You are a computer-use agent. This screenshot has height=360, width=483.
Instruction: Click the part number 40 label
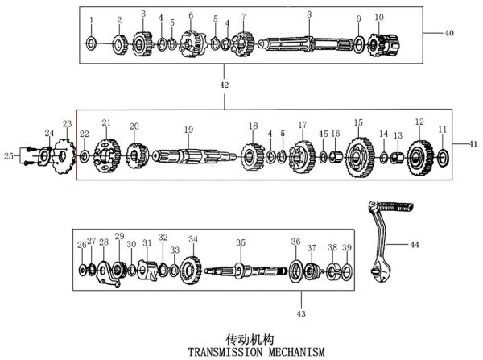(449, 33)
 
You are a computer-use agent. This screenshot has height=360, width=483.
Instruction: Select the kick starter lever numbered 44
(389, 241)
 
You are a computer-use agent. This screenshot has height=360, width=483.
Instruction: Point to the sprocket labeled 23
(64, 156)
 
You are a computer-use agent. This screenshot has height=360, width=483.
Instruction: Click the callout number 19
(188, 130)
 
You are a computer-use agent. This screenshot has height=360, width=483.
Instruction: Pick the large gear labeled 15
(360, 157)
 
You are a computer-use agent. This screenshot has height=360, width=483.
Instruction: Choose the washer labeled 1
(91, 43)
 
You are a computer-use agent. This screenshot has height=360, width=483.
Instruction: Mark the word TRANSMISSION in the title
(225, 352)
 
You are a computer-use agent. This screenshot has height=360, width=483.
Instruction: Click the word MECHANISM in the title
(296, 352)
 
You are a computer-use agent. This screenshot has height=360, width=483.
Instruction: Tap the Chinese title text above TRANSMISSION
(250, 340)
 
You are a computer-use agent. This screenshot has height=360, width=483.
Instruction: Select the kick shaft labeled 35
(246, 271)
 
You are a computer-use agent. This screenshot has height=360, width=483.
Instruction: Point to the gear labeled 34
(191, 271)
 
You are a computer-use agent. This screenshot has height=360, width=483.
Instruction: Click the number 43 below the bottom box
(301, 314)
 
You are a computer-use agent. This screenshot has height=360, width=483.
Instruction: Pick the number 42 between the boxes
(225, 85)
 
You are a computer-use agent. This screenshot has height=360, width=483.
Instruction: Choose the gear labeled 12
(420, 158)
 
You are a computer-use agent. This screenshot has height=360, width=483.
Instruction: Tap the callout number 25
(9, 156)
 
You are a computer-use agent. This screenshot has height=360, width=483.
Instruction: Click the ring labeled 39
(347, 272)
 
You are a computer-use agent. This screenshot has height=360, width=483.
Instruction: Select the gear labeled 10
(384, 45)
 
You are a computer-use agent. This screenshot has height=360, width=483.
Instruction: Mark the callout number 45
(323, 134)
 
